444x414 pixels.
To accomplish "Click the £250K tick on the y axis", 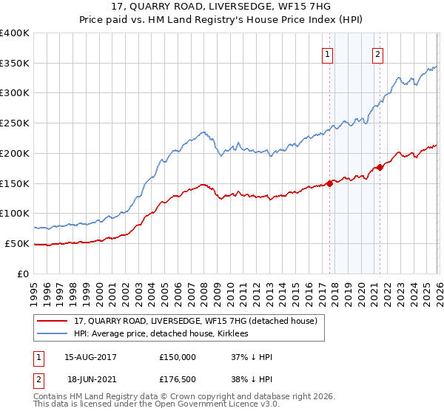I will point(15,123).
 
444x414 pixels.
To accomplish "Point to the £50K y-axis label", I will point(17,243).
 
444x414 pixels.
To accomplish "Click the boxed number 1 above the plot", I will point(327,53).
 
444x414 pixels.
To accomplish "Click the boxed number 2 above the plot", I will point(377,53).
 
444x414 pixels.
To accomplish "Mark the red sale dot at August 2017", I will point(329,183).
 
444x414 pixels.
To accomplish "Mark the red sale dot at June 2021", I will point(380,167).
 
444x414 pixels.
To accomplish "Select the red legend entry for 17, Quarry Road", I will point(195,321).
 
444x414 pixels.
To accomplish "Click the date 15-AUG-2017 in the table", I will point(90,357).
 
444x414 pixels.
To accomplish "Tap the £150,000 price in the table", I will point(178,357).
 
